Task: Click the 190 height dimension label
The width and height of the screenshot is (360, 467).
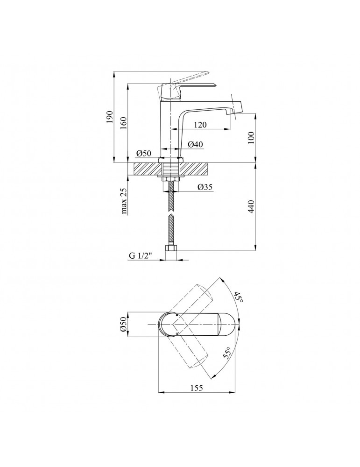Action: [x=110, y=117]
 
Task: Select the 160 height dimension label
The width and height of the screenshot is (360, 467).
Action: [x=123, y=123]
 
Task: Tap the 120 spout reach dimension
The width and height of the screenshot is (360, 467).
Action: [x=200, y=125]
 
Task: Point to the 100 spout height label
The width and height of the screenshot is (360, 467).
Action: [x=251, y=138]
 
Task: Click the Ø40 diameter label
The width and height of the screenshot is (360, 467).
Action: [x=195, y=144]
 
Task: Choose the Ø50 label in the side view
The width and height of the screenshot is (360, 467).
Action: [x=144, y=153]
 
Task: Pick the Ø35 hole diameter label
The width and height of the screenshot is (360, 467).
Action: [x=205, y=187]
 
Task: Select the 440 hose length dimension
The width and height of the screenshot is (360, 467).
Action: [x=251, y=206]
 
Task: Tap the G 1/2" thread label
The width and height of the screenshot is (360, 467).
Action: [x=141, y=255]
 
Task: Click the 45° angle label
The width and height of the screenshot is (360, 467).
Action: [x=238, y=297]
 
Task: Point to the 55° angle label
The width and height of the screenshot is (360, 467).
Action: [x=228, y=353]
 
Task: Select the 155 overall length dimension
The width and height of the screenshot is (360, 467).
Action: [x=196, y=388]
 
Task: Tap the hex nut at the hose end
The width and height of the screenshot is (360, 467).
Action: [x=171, y=248]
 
